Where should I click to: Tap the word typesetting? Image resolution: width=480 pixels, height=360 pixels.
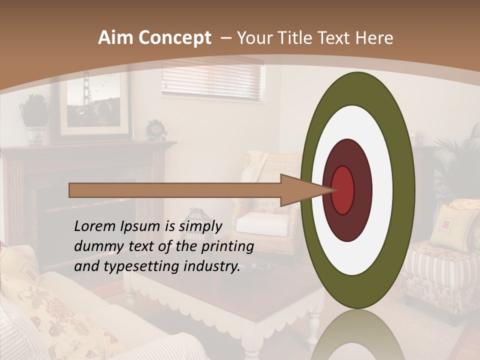coord(142,267)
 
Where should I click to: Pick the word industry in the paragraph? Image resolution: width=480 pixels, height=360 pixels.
coord(211,266)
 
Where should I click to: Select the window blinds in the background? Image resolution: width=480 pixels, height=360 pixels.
coord(212,80)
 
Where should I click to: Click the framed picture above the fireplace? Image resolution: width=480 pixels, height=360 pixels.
coord(95,107)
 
